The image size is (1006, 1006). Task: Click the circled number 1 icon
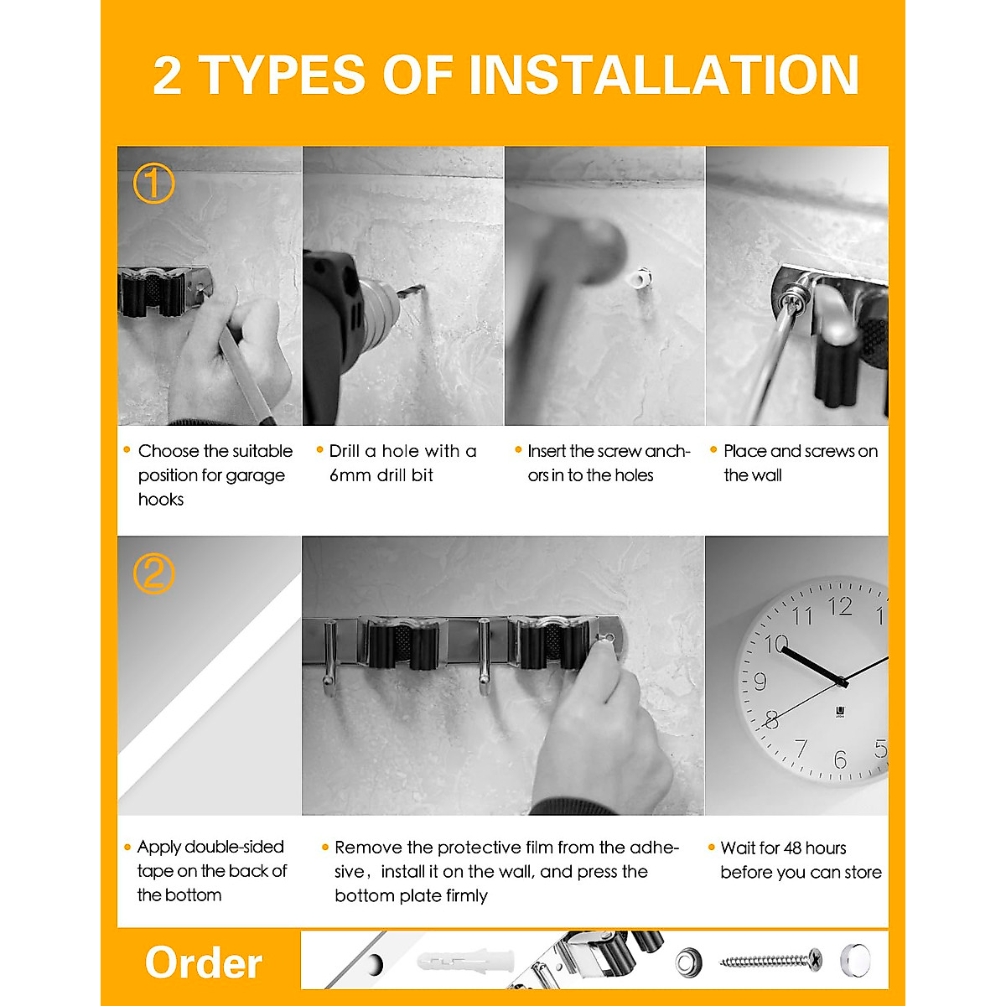tap(154, 184)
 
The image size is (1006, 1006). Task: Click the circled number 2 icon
tap(154, 574)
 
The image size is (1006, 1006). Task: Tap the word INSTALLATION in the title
tap(663, 75)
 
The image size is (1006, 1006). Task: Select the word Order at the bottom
tap(204, 962)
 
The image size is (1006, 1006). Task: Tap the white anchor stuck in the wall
tap(641, 278)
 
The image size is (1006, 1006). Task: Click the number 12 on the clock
tap(840, 606)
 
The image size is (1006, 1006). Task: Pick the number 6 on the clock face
tap(840, 760)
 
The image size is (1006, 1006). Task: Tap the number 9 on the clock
tap(760, 681)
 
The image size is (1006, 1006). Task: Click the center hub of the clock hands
tap(842, 682)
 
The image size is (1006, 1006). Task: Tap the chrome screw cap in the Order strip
tap(854, 959)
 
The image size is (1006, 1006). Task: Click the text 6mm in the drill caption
tap(350, 475)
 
